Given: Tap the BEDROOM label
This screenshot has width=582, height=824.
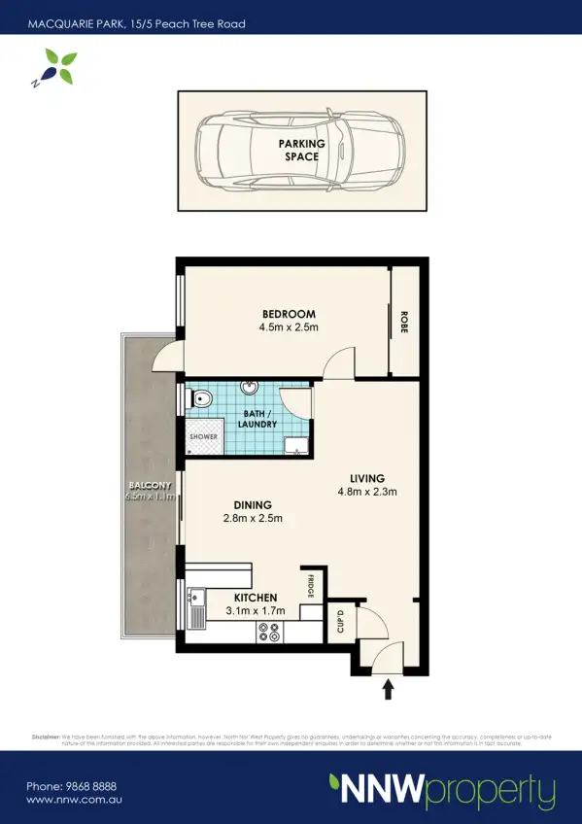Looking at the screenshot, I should coord(289,314).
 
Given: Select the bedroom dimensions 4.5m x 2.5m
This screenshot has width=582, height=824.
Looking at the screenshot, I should coord(289,327).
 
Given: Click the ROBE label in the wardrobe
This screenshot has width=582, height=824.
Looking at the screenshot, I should coord(403,322).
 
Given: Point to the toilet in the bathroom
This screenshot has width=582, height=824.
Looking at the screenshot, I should coord(200,398).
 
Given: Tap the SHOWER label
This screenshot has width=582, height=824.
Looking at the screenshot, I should coord(203,437).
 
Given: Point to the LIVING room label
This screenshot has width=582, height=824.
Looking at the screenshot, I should coord(368,478).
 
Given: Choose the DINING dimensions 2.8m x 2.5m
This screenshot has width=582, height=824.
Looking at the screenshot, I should coord(252,518).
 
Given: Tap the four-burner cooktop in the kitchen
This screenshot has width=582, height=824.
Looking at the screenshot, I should coord(268,632).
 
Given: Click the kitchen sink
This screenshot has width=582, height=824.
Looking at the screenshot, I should coord(196,605).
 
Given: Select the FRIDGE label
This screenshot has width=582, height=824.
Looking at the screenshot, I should coord(311,587).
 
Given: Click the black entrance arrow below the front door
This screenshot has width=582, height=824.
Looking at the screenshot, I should coord(389,690).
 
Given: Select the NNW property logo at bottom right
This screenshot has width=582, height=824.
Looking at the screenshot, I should coord(441,791).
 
